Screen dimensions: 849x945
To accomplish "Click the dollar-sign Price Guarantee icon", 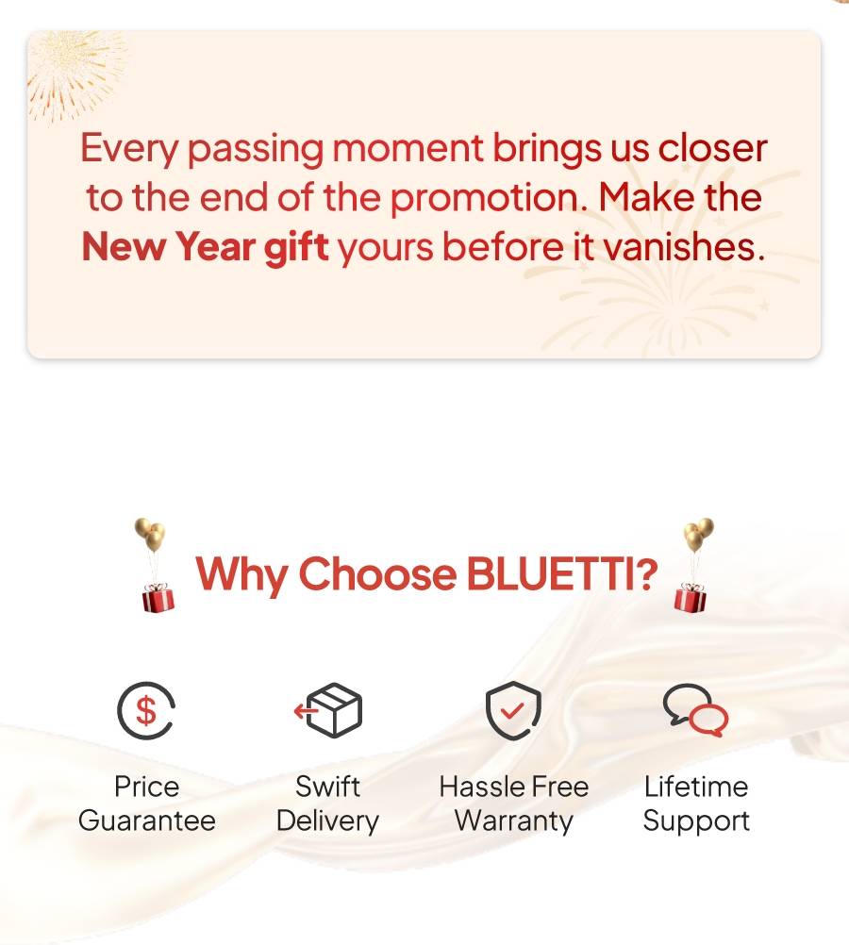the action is pyautogui.click(x=146, y=710).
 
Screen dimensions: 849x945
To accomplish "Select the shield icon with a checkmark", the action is pyautogui.click(x=513, y=710).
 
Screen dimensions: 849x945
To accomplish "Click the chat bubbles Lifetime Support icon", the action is pyautogui.click(x=695, y=710).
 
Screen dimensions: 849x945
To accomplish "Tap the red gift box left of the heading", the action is pyautogui.click(x=158, y=597).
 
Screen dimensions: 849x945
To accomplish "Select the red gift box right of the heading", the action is pyautogui.click(x=690, y=597).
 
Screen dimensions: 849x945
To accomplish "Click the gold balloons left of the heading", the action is pyautogui.click(x=151, y=534).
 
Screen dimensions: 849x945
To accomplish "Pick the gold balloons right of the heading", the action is pyautogui.click(x=698, y=534).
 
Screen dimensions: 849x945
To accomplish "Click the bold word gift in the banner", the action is pyautogui.click(x=296, y=248).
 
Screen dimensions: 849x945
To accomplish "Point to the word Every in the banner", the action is pyautogui.click(x=129, y=149).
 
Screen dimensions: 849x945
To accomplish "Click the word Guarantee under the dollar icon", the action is pyautogui.click(x=146, y=821).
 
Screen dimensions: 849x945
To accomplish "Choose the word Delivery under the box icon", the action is pyautogui.click(x=327, y=821).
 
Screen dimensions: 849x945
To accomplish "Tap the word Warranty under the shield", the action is pyautogui.click(x=514, y=821).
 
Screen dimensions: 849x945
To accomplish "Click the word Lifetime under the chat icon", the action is pyautogui.click(x=696, y=787).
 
